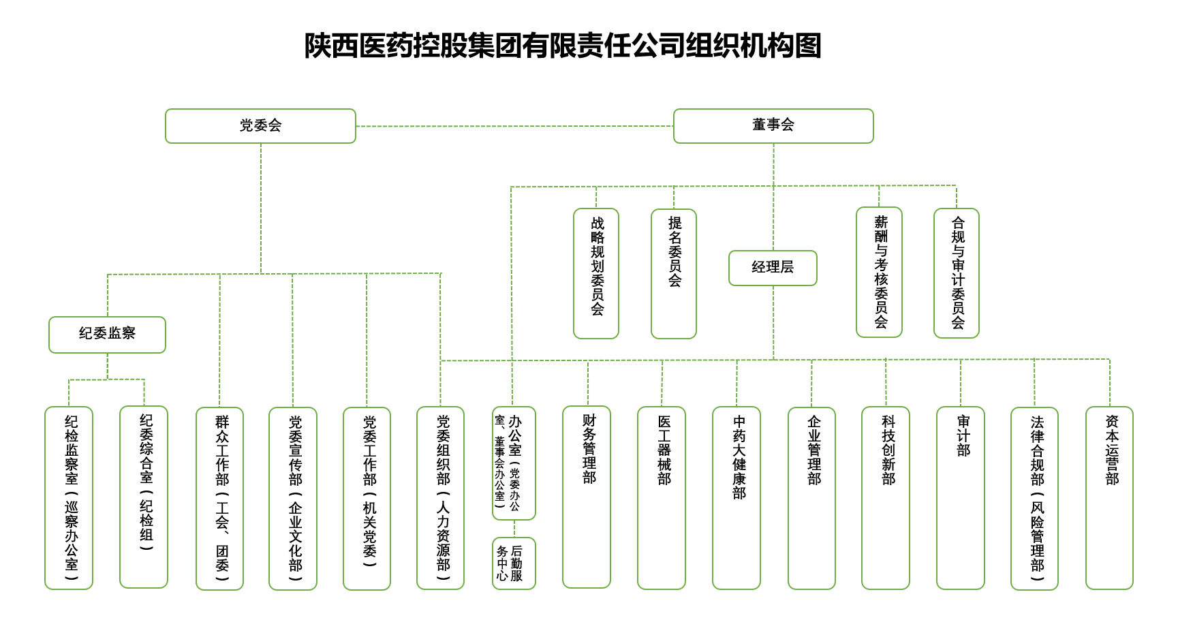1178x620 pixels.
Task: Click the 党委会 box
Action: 260,126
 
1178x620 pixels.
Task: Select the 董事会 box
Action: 773,126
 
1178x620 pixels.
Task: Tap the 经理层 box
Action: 773,268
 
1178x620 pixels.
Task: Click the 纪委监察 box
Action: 107,335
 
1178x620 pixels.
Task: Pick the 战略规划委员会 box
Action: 596,273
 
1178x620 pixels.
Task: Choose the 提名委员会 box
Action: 674,273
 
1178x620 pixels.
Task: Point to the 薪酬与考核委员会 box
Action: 879,272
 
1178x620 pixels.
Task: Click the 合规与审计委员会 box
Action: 957,273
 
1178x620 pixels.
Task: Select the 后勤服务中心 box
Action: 514,563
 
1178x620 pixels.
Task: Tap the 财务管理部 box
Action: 587,497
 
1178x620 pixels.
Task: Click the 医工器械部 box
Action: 662,497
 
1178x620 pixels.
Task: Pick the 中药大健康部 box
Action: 737,497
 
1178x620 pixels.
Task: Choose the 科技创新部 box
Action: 886,497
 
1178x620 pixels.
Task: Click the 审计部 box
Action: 961,497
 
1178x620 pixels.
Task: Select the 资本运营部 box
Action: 1109,497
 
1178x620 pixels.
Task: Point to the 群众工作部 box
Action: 219,498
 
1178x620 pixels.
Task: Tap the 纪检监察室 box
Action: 69,497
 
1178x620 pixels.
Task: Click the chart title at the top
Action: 563,46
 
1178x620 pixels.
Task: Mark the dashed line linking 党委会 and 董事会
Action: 514,126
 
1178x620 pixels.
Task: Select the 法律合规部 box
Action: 1034,498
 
